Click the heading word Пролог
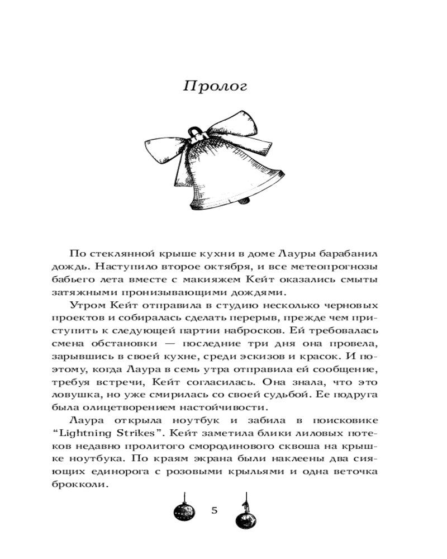[x=215, y=87]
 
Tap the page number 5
[x=215, y=511]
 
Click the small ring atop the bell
[x=193, y=132]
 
